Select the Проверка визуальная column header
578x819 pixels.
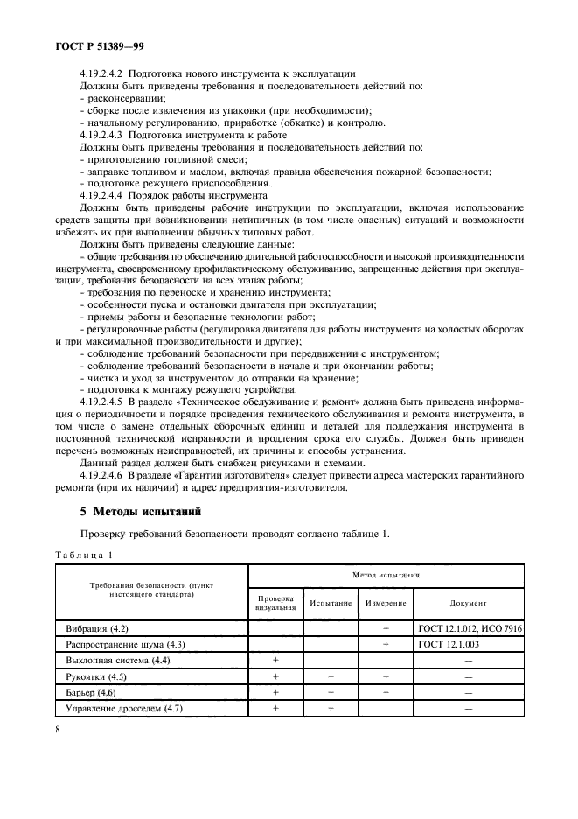[x=276, y=603]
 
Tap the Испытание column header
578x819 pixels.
[x=330, y=603]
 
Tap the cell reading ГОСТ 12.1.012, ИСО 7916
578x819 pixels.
[x=470, y=629]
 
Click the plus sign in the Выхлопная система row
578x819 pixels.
[x=276, y=661]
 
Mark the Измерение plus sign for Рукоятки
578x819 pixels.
[x=385, y=676]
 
